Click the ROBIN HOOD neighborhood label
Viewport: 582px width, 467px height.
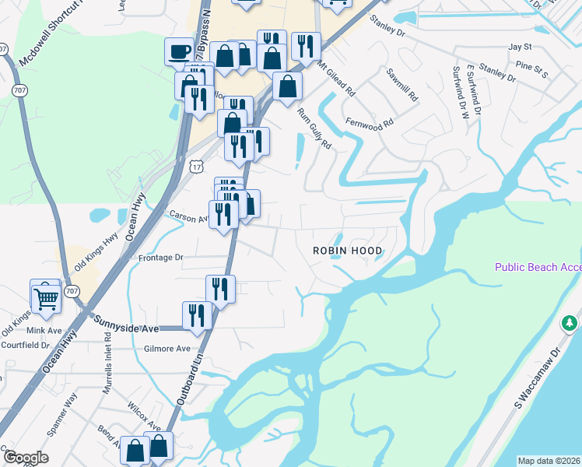point(347,251)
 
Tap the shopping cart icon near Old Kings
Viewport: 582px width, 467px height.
point(46,297)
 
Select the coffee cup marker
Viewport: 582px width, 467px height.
point(179,52)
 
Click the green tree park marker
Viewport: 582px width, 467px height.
point(570,322)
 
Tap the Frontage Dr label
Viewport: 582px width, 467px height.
point(160,257)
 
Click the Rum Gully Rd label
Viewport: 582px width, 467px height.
point(314,128)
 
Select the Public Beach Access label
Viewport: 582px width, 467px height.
point(538,267)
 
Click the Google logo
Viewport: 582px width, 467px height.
point(25,458)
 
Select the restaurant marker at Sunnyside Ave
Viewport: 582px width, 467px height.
point(197,316)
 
